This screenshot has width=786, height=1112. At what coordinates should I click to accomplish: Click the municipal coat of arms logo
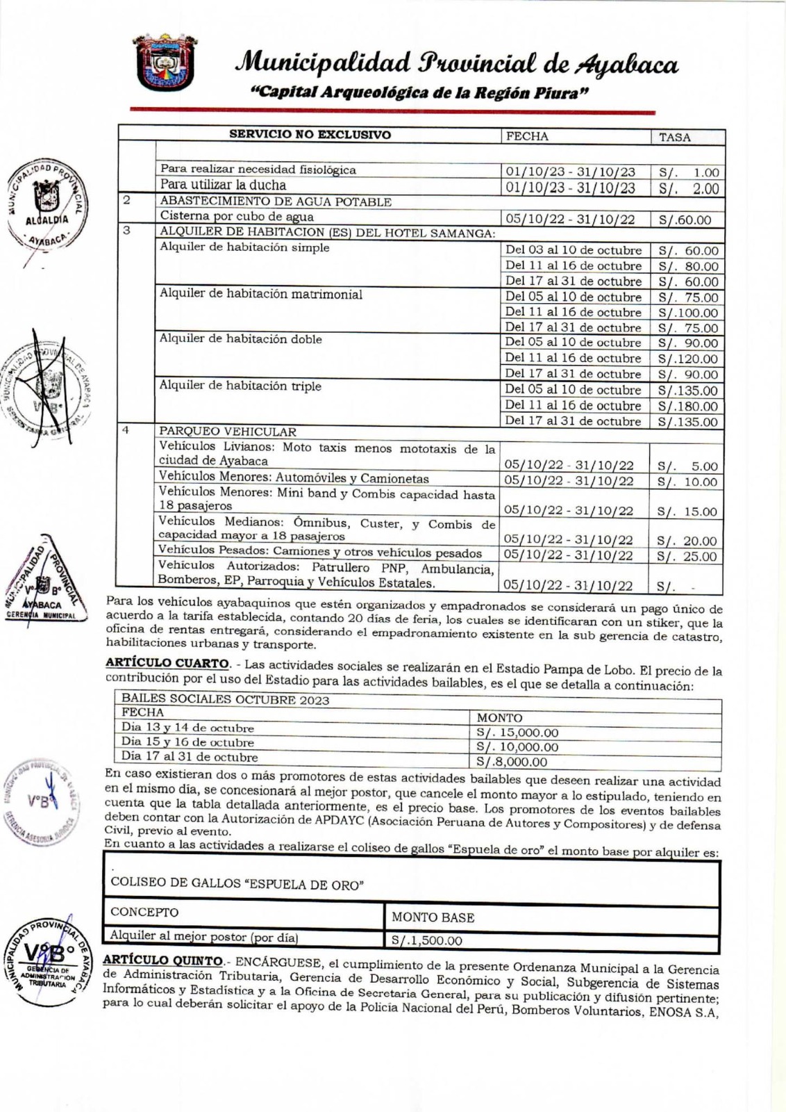click(x=164, y=63)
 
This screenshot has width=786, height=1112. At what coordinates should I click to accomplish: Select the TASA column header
click(x=674, y=137)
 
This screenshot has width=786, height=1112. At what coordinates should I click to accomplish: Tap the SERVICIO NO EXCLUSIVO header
click(x=310, y=135)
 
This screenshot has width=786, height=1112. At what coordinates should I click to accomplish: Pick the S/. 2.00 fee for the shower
click(x=688, y=188)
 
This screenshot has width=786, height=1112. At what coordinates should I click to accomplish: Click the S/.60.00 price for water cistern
click(x=685, y=220)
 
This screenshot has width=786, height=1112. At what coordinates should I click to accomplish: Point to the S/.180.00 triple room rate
click(x=687, y=406)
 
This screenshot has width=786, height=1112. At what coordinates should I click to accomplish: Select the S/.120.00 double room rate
click(x=687, y=359)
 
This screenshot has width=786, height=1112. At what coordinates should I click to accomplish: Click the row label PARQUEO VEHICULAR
click(x=228, y=432)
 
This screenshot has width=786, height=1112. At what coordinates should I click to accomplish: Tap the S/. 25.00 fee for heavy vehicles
click(x=687, y=556)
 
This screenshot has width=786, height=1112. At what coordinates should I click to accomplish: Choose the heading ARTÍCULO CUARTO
click(x=167, y=663)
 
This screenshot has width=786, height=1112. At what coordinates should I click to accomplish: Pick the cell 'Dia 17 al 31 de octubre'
click(x=190, y=757)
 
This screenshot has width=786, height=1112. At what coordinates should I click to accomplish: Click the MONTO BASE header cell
click(x=433, y=917)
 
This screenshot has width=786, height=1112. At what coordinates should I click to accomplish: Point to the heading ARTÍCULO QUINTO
click(x=163, y=960)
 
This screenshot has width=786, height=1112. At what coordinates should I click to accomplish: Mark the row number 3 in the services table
click(x=126, y=231)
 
